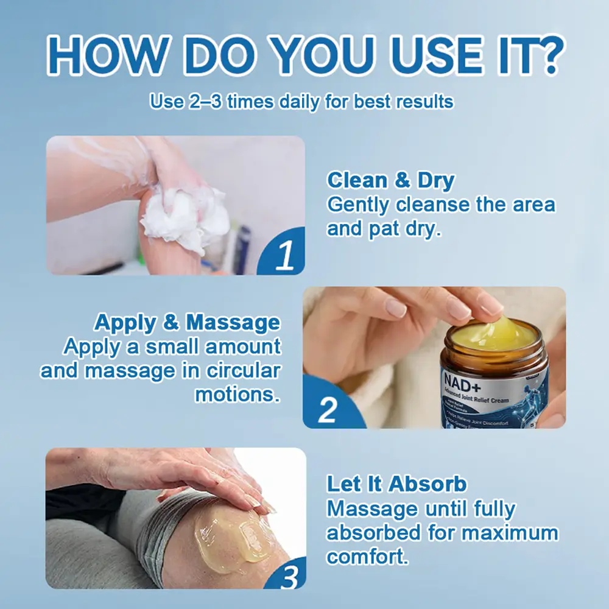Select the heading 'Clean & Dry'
click(x=390, y=181)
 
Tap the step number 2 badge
click(x=328, y=409)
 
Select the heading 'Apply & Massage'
click(x=187, y=322)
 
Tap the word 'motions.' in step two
click(x=238, y=394)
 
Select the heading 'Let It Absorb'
click(x=396, y=484)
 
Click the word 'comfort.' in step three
click(x=367, y=557)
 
